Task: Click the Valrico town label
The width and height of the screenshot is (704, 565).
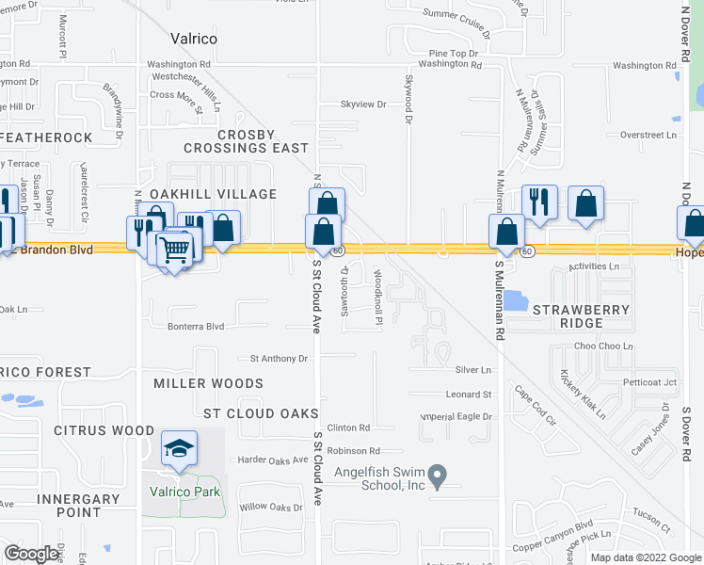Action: [194, 39]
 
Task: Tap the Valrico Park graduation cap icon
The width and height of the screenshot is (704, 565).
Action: [178, 449]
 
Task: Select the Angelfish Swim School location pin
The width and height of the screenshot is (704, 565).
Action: [436, 476]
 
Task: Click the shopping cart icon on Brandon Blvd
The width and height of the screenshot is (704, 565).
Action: [175, 250]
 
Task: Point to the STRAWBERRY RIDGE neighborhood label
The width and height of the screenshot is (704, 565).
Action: [568, 315]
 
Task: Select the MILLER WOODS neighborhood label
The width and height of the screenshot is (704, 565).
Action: [209, 383]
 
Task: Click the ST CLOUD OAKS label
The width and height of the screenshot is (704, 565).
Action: [254, 413]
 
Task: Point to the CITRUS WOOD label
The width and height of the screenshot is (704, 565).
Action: [104, 430]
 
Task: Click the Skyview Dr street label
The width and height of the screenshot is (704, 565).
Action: [363, 105]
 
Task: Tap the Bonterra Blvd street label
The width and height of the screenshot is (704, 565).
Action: [196, 326]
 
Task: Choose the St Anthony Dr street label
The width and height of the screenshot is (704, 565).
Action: [279, 359]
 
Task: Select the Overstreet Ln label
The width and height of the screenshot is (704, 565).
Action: [648, 135]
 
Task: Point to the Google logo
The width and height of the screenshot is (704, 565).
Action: [33, 554]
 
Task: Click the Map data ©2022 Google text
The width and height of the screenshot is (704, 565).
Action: [645, 557]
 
